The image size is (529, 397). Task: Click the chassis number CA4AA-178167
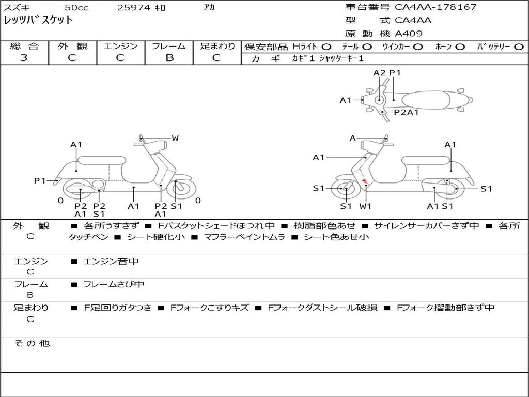point(435,7)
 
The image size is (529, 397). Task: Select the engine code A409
point(409,34)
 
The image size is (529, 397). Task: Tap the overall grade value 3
point(24,58)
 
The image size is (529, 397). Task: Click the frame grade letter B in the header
point(169,58)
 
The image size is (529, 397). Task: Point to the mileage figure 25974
point(134,7)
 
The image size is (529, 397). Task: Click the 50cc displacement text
point(76,7)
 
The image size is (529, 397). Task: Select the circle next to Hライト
point(326,47)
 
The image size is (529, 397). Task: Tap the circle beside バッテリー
point(519,47)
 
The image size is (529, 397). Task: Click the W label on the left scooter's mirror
point(175,138)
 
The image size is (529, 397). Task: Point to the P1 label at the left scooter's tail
point(40,181)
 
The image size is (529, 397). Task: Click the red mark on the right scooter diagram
point(364,182)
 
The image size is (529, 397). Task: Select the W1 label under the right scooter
point(365,206)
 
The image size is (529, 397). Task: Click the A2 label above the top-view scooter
point(379,73)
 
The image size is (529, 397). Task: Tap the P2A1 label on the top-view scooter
point(406,112)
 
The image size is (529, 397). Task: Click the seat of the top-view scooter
point(426,100)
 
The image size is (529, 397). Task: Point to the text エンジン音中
point(111,261)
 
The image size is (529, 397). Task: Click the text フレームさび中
point(114,285)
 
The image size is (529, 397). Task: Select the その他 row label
point(32,343)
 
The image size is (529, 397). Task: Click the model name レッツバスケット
point(38,20)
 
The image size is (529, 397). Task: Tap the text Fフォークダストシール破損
point(322,308)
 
